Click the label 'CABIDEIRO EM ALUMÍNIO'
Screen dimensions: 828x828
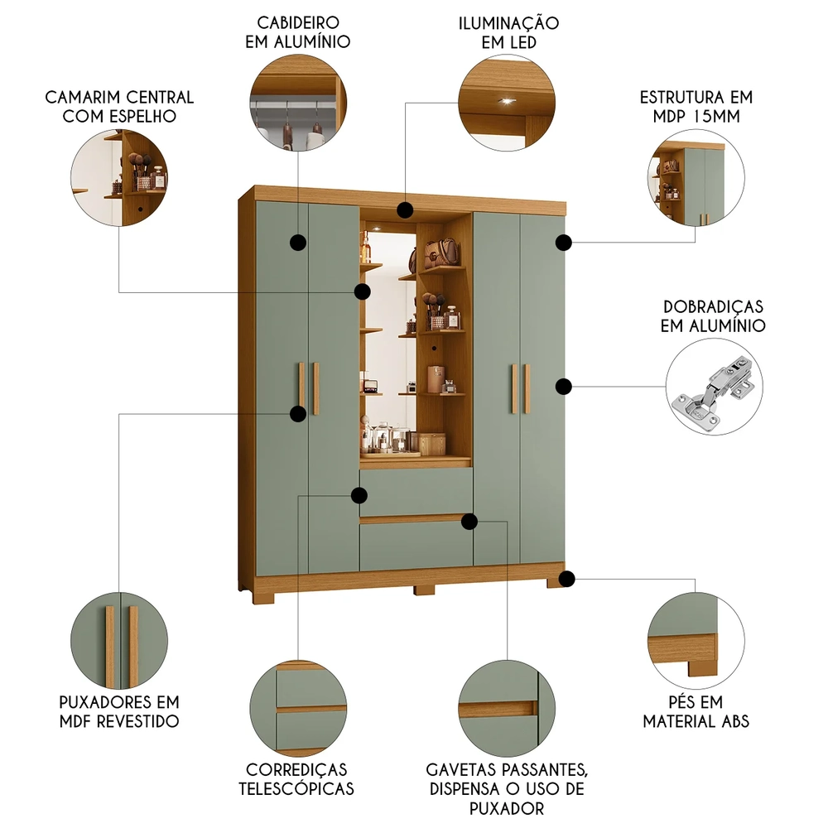296,31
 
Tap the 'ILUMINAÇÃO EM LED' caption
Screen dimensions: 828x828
508,31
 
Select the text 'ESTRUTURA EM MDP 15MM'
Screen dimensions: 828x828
696,107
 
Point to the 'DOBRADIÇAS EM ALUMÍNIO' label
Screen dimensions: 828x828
712,316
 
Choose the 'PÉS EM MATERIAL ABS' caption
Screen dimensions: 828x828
696,711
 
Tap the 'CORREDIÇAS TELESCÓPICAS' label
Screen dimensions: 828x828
296,779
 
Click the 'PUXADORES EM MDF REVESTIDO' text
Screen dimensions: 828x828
119,711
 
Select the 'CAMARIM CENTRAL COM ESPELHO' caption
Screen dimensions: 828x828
119,107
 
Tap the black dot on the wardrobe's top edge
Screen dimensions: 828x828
404,209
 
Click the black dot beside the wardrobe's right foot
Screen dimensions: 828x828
567,579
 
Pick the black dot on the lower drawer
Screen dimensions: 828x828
469,521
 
